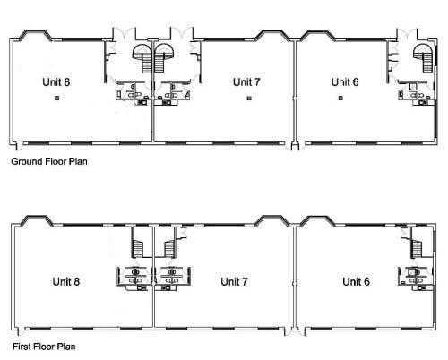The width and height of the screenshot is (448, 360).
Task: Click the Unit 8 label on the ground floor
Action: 56,81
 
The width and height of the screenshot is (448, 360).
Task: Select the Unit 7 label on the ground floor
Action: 246,81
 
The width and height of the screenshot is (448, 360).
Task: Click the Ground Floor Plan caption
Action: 48,163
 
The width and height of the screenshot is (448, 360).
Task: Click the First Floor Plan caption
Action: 43,345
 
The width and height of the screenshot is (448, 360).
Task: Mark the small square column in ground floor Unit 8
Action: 56,98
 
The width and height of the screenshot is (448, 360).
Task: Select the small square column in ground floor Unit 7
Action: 248,98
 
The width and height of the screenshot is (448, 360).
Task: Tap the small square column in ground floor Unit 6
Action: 340,98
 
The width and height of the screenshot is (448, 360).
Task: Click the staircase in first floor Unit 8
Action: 139,244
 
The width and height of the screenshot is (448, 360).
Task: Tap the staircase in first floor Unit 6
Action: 418,244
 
